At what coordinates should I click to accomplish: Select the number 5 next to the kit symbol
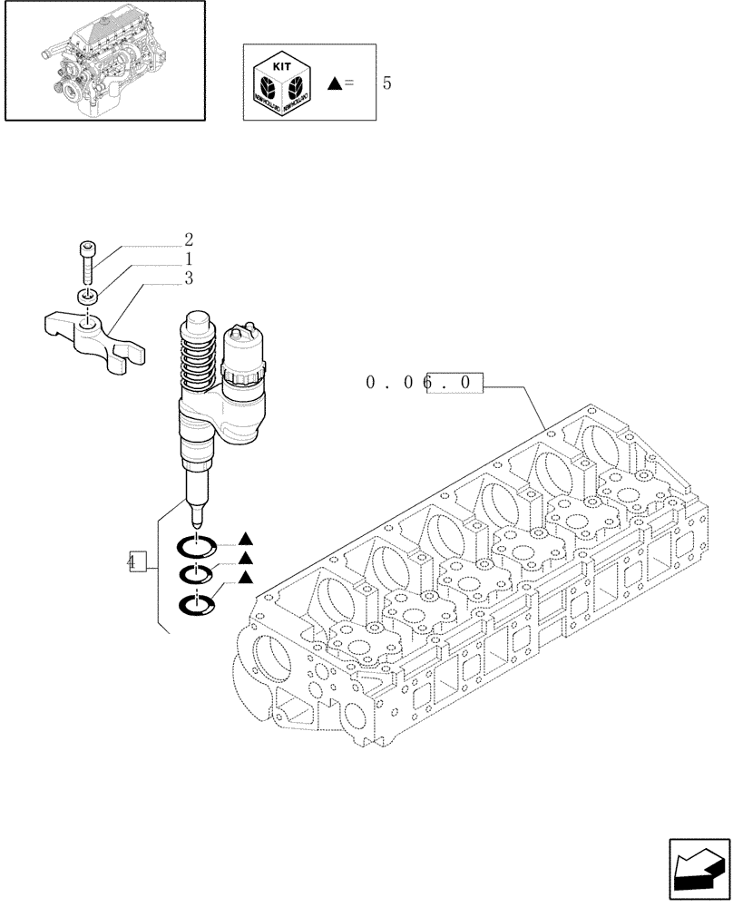[x=387, y=83]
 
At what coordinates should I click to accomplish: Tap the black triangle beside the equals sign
[x=334, y=83]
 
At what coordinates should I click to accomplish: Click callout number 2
[x=189, y=240]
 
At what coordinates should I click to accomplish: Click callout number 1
[x=189, y=259]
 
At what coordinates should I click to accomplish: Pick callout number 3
[x=189, y=278]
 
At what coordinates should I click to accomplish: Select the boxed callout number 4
[x=136, y=561]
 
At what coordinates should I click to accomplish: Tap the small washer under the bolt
[x=86, y=297]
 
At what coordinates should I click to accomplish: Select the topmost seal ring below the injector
[x=196, y=547]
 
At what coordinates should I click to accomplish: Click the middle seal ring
[x=196, y=573]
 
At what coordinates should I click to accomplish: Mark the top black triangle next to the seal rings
[x=245, y=540]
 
